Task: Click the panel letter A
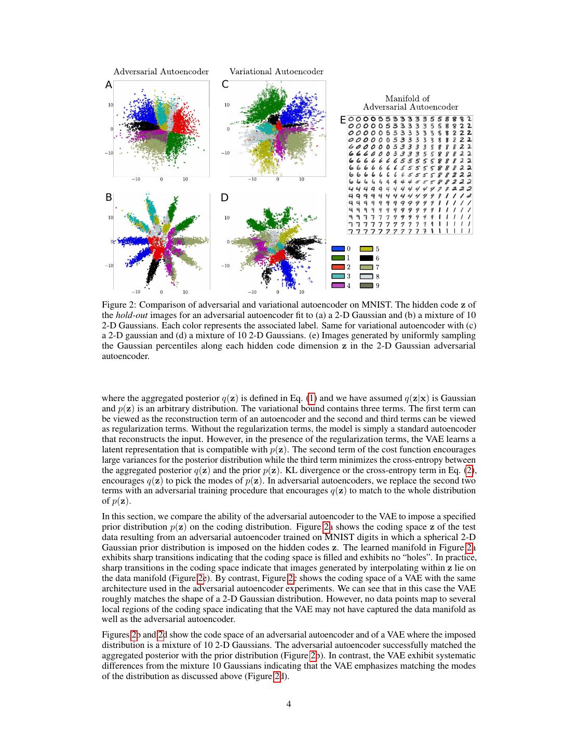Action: [x=109, y=85]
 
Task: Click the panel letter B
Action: [x=109, y=198]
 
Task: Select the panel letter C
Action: [x=225, y=85]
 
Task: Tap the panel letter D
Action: [x=225, y=198]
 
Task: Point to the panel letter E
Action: [x=342, y=120]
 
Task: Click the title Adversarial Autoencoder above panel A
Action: [x=161, y=72]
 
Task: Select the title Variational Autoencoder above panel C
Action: [x=276, y=72]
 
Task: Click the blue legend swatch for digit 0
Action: [x=338, y=249]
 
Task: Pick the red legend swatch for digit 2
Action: [x=338, y=267]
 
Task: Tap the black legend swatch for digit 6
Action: [x=367, y=258]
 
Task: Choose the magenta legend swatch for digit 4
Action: [x=338, y=285]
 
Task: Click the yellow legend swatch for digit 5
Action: [x=367, y=249]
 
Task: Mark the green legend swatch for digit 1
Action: [x=338, y=258]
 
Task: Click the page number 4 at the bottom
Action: [x=289, y=704]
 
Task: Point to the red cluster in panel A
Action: [x=182, y=120]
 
